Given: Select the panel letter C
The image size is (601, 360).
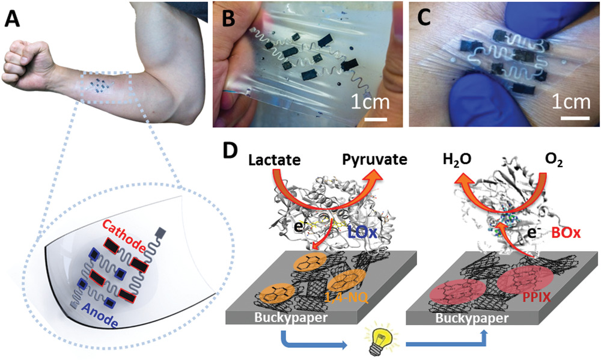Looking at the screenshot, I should [x=425, y=21].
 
